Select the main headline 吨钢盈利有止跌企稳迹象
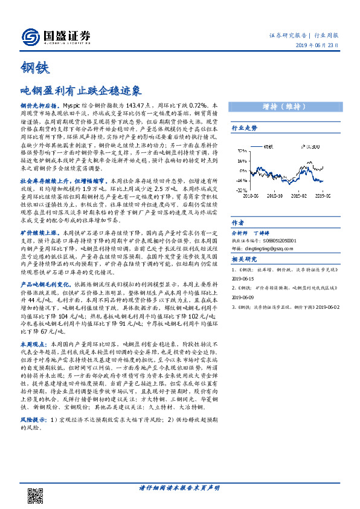80,91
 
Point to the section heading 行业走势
245,128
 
